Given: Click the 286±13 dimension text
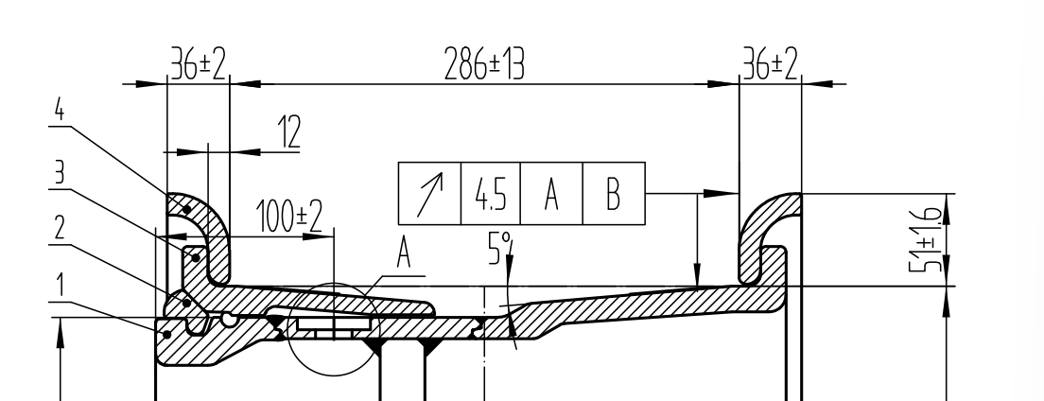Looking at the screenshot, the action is point(484,65).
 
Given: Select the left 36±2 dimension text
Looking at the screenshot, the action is point(199,64).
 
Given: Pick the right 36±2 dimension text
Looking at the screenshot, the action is point(770,64).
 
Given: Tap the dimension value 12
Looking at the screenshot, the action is point(289,131).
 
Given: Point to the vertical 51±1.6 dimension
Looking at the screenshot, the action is point(926,240).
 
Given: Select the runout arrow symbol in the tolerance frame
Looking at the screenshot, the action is point(429,194).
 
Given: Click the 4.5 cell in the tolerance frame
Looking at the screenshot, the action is point(491,194).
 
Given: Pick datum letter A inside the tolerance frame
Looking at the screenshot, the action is point(551,194).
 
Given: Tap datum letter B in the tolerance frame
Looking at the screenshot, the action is point(613,194).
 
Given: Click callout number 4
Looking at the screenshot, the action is point(60,110).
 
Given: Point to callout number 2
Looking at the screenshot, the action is point(60,229).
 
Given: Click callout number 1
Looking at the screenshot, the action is point(60,285).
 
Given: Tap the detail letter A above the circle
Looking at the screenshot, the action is point(404,253).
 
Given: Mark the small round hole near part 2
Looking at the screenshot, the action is point(229,320).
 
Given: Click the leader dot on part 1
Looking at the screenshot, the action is point(167,334).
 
